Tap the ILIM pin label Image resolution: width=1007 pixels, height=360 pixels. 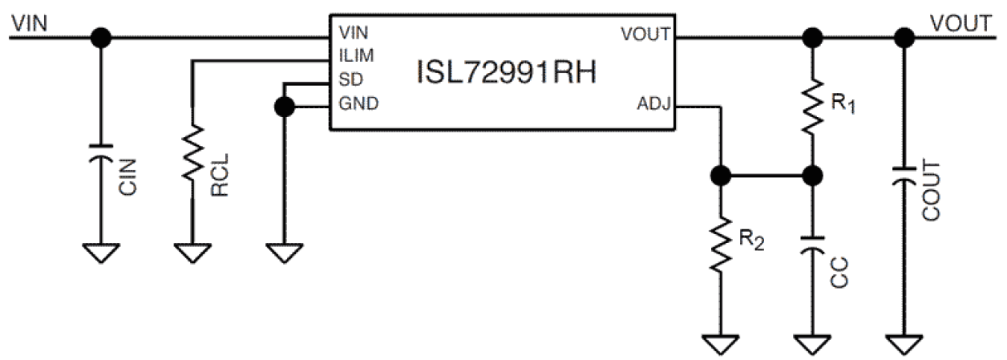pyautogui.click(x=356, y=56)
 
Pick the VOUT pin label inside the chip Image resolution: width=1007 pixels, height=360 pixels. pyautogui.click(x=645, y=34)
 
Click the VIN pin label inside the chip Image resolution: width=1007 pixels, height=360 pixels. pyautogui.click(x=354, y=34)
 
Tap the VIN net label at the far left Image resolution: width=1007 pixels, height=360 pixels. pyautogui.click(x=30, y=23)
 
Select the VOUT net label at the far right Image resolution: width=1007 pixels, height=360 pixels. pyautogui.click(x=960, y=23)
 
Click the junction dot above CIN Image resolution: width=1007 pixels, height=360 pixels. pyautogui.click(x=100, y=37)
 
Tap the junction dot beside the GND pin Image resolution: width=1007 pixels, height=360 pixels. pyautogui.click(x=282, y=106)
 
